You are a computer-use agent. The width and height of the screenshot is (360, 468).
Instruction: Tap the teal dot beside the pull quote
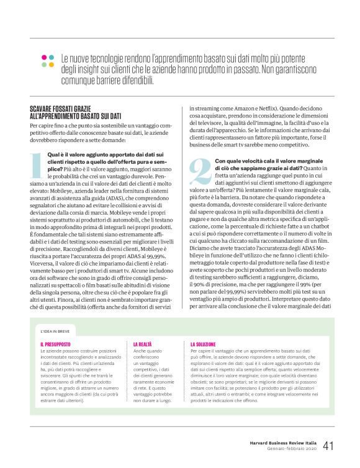52,56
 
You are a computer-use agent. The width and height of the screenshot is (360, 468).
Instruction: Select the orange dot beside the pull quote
52,65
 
